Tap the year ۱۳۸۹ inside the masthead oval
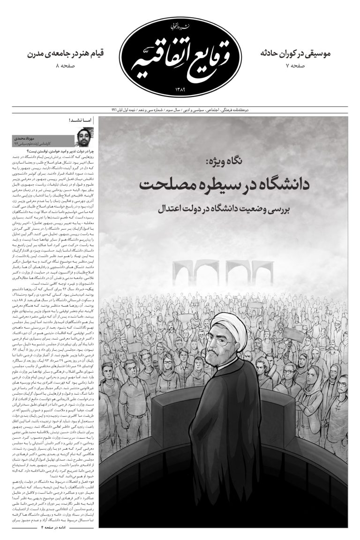point(180,89)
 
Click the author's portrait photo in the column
point(84,136)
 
